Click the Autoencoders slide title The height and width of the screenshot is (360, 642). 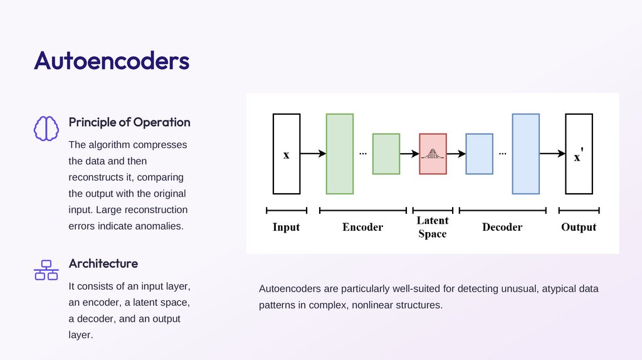[112, 61]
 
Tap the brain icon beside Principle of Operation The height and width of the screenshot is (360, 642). [46, 129]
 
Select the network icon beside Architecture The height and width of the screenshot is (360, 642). [46, 270]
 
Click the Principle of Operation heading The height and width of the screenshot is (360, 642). [129, 122]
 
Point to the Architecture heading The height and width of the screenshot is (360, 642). [103, 263]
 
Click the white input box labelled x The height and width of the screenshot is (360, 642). [287, 154]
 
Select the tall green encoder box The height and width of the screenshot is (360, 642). [340, 154]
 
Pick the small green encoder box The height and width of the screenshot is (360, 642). [386, 154]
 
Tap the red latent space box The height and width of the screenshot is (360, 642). [433, 154]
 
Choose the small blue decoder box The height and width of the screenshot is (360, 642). [479, 154]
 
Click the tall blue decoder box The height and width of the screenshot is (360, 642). [525, 154]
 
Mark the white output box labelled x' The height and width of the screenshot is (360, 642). [579, 154]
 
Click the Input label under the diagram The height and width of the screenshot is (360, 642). [286, 227]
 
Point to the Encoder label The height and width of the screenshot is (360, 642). [362, 227]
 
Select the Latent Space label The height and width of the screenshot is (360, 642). [433, 227]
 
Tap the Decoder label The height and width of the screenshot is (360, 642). [502, 227]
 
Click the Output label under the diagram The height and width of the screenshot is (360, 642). [579, 227]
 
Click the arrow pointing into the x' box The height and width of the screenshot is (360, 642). [552, 154]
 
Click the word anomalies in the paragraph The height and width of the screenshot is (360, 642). [159, 226]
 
